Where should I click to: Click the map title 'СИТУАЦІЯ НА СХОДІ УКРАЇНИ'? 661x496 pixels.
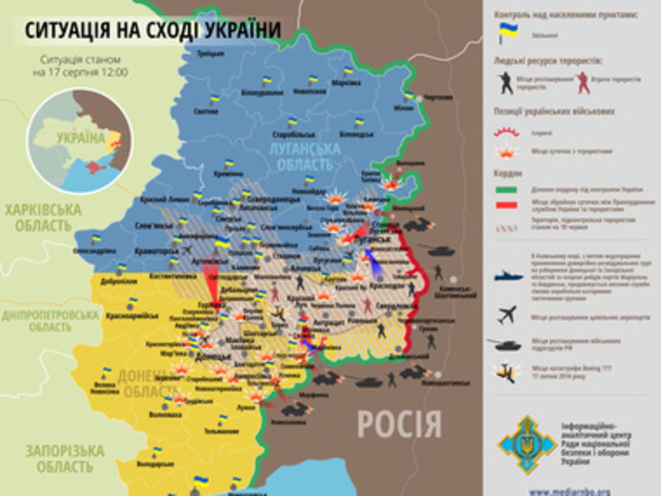click(x=153, y=30)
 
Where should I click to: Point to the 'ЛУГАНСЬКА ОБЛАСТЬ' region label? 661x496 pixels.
click(x=307, y=157)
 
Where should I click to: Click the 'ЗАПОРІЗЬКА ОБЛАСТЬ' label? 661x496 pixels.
click(x=65, y=458)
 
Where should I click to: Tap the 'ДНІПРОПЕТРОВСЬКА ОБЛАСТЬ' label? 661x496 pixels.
click(x=50, y=321)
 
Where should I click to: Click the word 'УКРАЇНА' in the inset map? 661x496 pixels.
click(x=81, y=138)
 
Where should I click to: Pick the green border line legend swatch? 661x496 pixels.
click(x=506, y=190)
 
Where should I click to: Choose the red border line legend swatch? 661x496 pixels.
click(x=506, y=205)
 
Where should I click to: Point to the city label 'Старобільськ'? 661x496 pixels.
click(x=294, y=135)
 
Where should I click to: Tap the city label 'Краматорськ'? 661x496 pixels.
click(x=157, y=251)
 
